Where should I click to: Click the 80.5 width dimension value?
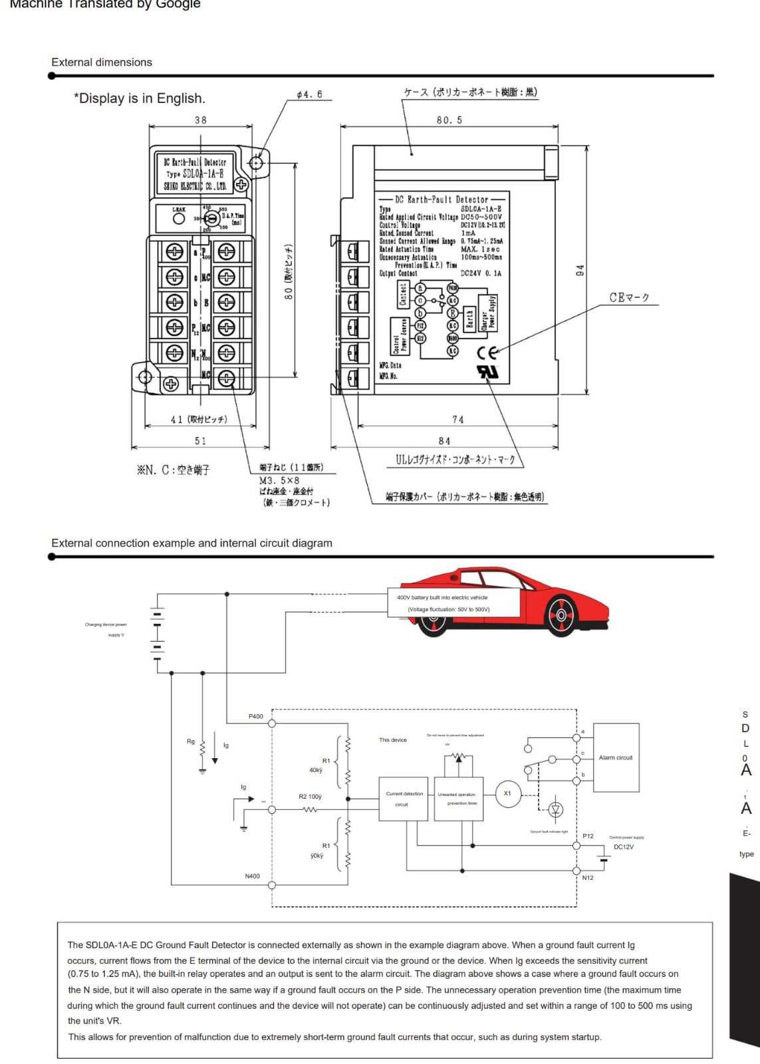click(449, 120)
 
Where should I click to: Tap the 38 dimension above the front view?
click(200, 120)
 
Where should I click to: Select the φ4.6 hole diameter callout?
click(309, 94)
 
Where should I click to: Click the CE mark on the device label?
click(487, 353)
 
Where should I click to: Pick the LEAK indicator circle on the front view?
click(178, 219)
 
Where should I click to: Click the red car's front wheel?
click(561, 615)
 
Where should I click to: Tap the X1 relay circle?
click(507, 793)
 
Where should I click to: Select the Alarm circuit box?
click(616, 757)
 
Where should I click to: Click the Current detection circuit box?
click(404, 799)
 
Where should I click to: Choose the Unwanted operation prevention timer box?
click(457, 799)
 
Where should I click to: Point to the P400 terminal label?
click(255, 716)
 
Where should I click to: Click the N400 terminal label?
click(252, 876)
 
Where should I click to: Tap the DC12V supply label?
click(624, 847)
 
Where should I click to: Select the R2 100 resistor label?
click(310, 796)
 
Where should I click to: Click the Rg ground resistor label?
click(191, 741)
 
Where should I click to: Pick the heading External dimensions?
click(102, 62)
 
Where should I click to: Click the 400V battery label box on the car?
click(453, 602)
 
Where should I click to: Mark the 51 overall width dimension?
click(200, 441)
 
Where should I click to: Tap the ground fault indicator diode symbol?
click(556, 809)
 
